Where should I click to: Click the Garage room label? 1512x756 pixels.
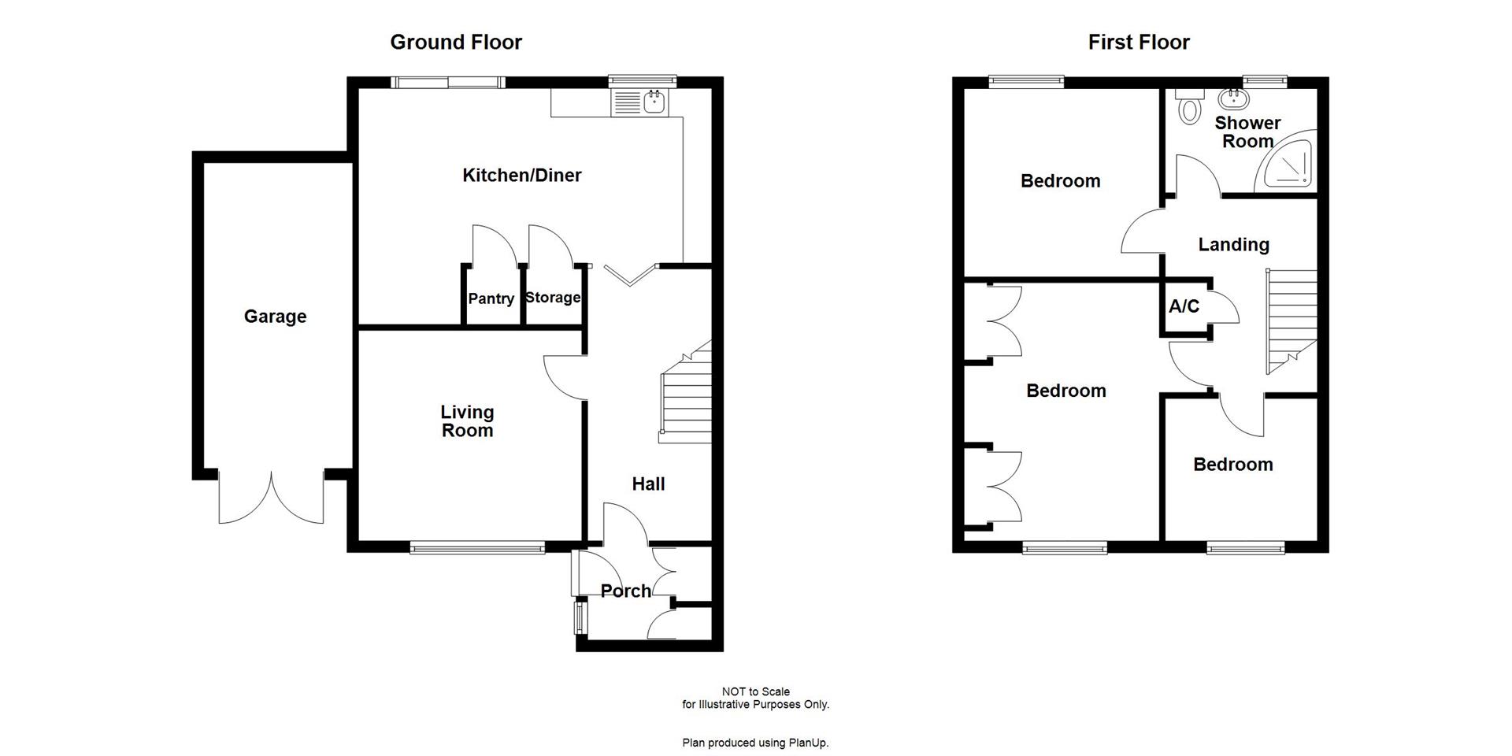point(275,317)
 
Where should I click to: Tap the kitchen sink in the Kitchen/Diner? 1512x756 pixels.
point(654,101)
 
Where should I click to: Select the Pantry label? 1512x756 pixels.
point(491,298)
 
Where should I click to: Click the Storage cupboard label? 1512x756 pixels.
point(553,298)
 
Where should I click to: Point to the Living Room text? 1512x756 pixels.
point(467,421)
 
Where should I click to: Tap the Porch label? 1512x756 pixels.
point(625,591)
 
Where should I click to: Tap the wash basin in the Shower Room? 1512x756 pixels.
point(1232,99)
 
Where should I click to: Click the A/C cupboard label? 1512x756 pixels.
point(1184,306)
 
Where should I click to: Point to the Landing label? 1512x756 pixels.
point(1233,245)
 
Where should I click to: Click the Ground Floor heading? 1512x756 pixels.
point(456,42)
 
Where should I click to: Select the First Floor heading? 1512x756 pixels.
point(1139,42)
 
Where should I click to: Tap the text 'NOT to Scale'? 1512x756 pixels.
point(755,691)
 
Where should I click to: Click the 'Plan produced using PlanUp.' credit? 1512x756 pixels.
point(755,743)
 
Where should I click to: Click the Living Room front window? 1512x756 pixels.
point(477,547)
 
